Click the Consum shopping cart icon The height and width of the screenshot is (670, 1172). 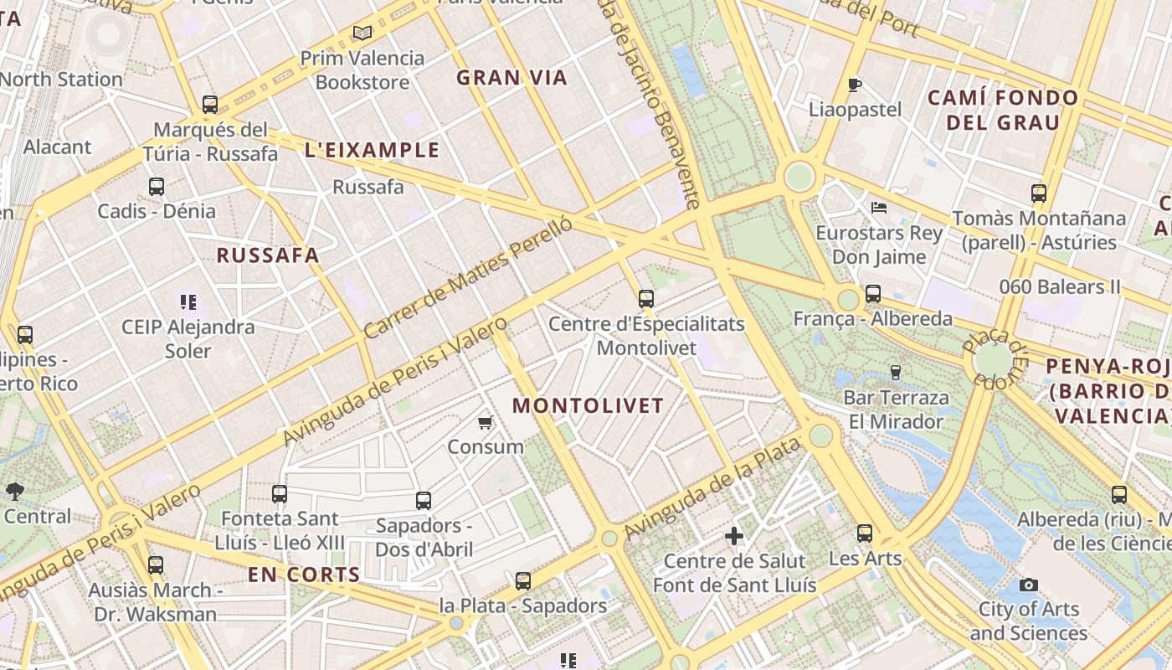(x=485, y=422)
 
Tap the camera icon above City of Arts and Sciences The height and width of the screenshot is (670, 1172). (x=1029, y=585)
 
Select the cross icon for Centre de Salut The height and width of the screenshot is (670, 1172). (x=734, y=536)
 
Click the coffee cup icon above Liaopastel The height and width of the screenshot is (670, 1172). (x=854, y=85)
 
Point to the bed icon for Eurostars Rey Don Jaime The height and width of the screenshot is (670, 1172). (x=878, y=207)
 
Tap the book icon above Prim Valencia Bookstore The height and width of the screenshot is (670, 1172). (x=362, y=33)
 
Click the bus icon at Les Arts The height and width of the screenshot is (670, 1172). (x=865, y=533)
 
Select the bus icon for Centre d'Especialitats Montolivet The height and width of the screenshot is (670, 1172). (x=645, y=298)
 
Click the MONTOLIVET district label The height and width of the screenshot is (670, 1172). (x=588, y=406)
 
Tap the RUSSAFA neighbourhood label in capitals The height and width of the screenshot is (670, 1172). (x=268, y=255)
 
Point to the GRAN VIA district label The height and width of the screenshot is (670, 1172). (x=511, y=78)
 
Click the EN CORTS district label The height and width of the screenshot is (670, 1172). (x=304, y=575)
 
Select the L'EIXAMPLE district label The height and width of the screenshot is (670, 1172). (x=372, y=150)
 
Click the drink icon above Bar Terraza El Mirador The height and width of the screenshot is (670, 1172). (x=896, y=372)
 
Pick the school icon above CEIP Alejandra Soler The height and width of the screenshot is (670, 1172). (x=188, y=301)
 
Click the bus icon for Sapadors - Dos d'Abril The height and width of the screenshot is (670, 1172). (x=424, y=501)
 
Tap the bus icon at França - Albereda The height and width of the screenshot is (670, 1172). (x=873, y=294)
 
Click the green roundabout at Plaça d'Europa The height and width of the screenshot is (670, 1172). (x=994, y=360)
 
